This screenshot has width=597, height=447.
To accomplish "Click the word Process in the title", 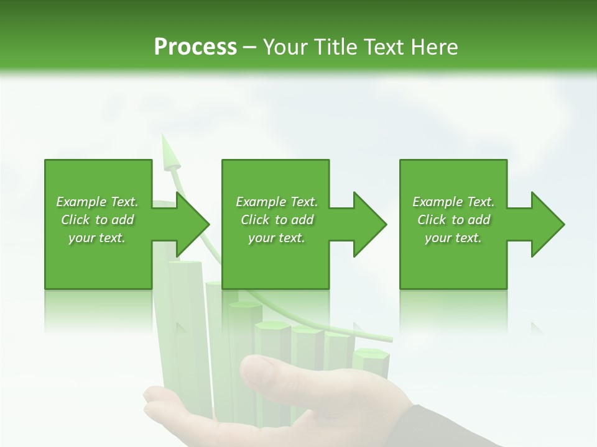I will tap(195, 47).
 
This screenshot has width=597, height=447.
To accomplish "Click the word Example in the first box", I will tap(80, 202).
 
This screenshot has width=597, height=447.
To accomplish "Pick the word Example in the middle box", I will tap(260, 202).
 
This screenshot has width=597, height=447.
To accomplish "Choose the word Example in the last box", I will tap(437, 202).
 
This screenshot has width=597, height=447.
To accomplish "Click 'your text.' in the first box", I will tap(97, 238).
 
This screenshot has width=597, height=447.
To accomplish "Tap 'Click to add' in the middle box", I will tap(277, 220).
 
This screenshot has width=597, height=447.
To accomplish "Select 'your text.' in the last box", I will tap(453, 238).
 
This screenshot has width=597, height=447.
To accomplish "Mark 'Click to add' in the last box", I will tap(453, 220).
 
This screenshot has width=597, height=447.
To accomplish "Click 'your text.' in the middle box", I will tap(277, 238).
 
